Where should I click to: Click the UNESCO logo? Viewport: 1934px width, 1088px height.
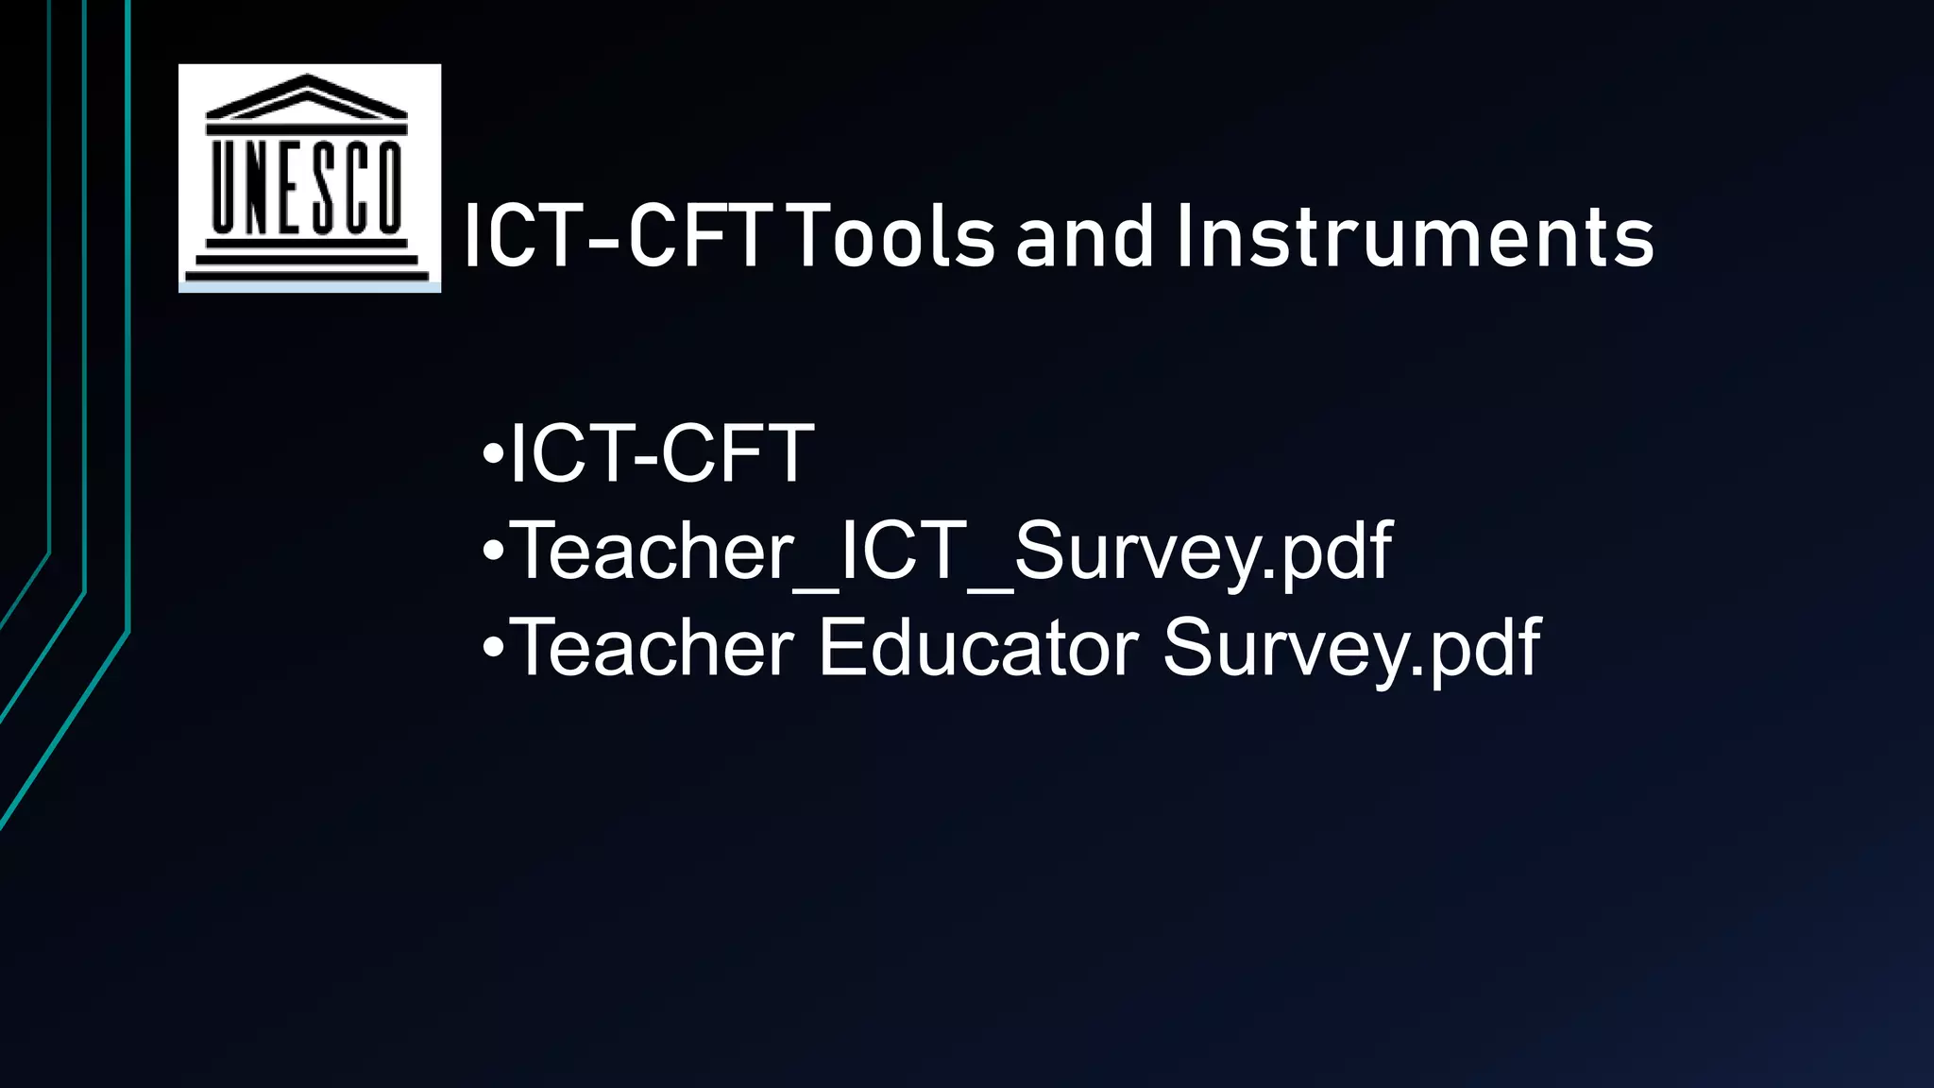[x=309, y=178]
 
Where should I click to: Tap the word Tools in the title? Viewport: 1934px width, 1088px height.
[x=891, y=236]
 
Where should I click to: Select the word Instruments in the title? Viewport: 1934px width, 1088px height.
[x=1415, y=236]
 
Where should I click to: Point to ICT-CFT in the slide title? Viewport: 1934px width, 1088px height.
[x=617, y=236]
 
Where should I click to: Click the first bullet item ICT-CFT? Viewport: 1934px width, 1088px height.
[x=661, y=454]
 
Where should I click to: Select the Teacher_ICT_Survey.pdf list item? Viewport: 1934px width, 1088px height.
[x=950, y=552]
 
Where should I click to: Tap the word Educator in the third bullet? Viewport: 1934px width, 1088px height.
[x=978, y=648]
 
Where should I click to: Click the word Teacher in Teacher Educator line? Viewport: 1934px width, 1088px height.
[x=653, y=648]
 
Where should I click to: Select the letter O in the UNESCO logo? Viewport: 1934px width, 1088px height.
[x=388, y=186]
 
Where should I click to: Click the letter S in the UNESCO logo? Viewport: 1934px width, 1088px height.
[x=322, y=186]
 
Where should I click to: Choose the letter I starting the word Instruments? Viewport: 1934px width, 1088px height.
[x=1184, y=236]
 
